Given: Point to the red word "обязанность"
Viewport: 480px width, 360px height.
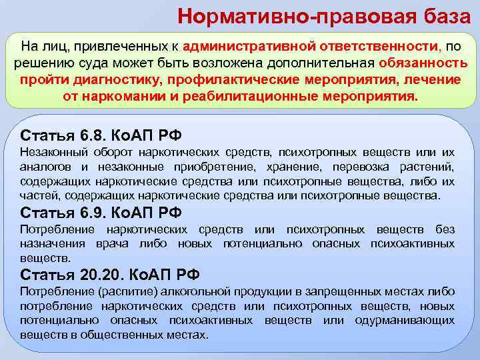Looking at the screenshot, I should point(423,63).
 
